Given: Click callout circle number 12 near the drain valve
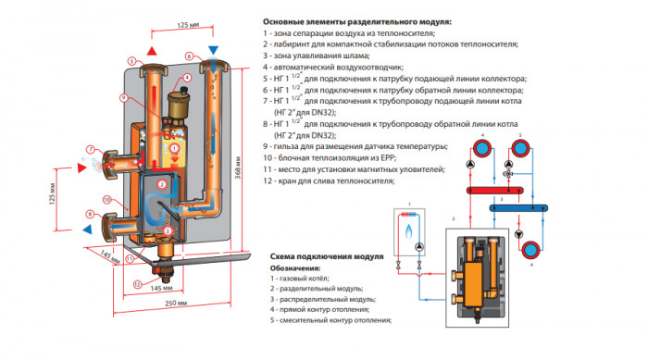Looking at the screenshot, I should [x=138, y=284].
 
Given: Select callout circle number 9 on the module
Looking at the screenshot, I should [x=123, y=98].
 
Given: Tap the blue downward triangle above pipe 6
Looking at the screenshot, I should [x=214, y=48].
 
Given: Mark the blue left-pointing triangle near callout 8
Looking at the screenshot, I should [x=87, y=226].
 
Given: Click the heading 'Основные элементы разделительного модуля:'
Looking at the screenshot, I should [x=357, y=21].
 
